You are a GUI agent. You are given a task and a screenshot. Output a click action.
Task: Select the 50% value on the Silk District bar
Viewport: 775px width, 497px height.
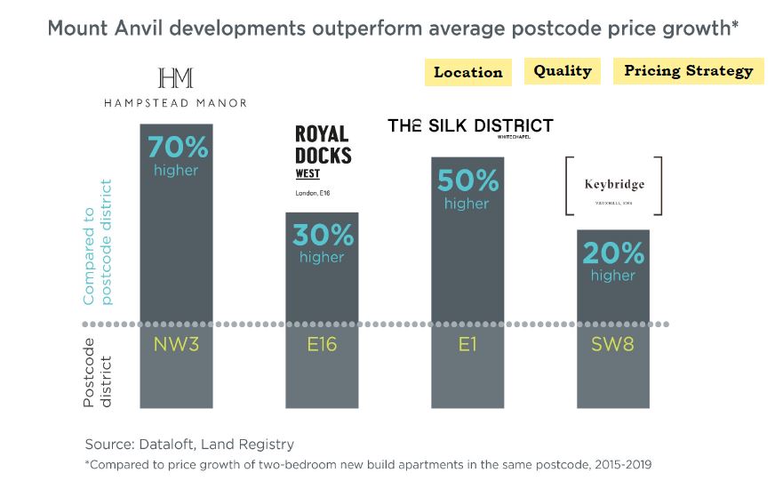(467, 181)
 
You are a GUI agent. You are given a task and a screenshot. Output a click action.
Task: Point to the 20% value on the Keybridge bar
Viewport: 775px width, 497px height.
(613, 253)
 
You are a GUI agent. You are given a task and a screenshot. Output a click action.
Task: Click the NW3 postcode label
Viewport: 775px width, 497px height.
(176, 343)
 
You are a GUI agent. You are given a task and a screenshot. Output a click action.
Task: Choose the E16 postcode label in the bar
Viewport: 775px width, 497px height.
(321, 343)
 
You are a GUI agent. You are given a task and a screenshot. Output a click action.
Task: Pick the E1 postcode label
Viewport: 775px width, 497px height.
(467, 343)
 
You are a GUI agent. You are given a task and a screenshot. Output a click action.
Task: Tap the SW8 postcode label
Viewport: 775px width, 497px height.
(613, 343)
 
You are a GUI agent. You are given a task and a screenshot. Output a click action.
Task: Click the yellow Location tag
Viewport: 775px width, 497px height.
(467, 73)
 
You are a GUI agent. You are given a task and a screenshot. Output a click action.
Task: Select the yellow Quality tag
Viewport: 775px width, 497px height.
(563, 71)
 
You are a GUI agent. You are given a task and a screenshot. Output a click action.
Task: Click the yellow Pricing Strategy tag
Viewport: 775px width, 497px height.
(688, 71)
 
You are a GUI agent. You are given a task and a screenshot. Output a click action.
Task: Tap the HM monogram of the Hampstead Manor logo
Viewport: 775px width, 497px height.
(175, 78)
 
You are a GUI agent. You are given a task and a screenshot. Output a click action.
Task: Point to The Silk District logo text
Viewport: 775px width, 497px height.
(470, 125)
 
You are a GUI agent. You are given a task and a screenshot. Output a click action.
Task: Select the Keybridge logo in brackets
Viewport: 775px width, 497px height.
(613, 186)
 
